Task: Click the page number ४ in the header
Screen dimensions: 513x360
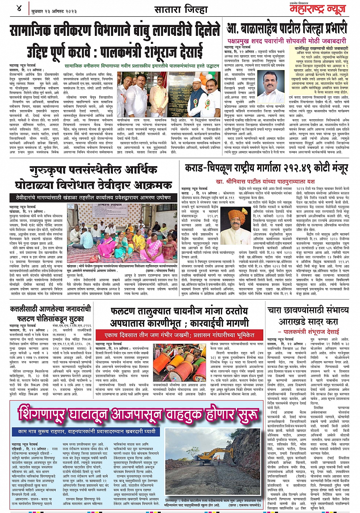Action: tap(19, 8)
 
